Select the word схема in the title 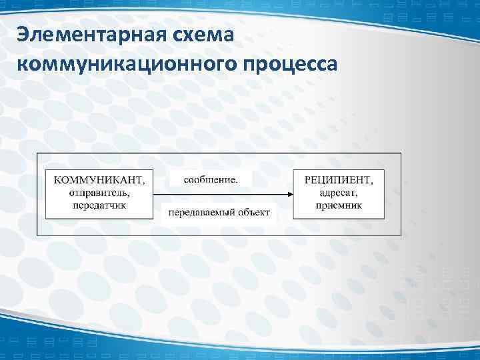[207, 33]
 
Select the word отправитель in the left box [97, 193]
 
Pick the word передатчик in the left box [99, 205]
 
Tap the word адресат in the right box [339, 193]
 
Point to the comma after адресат [359, 195]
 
